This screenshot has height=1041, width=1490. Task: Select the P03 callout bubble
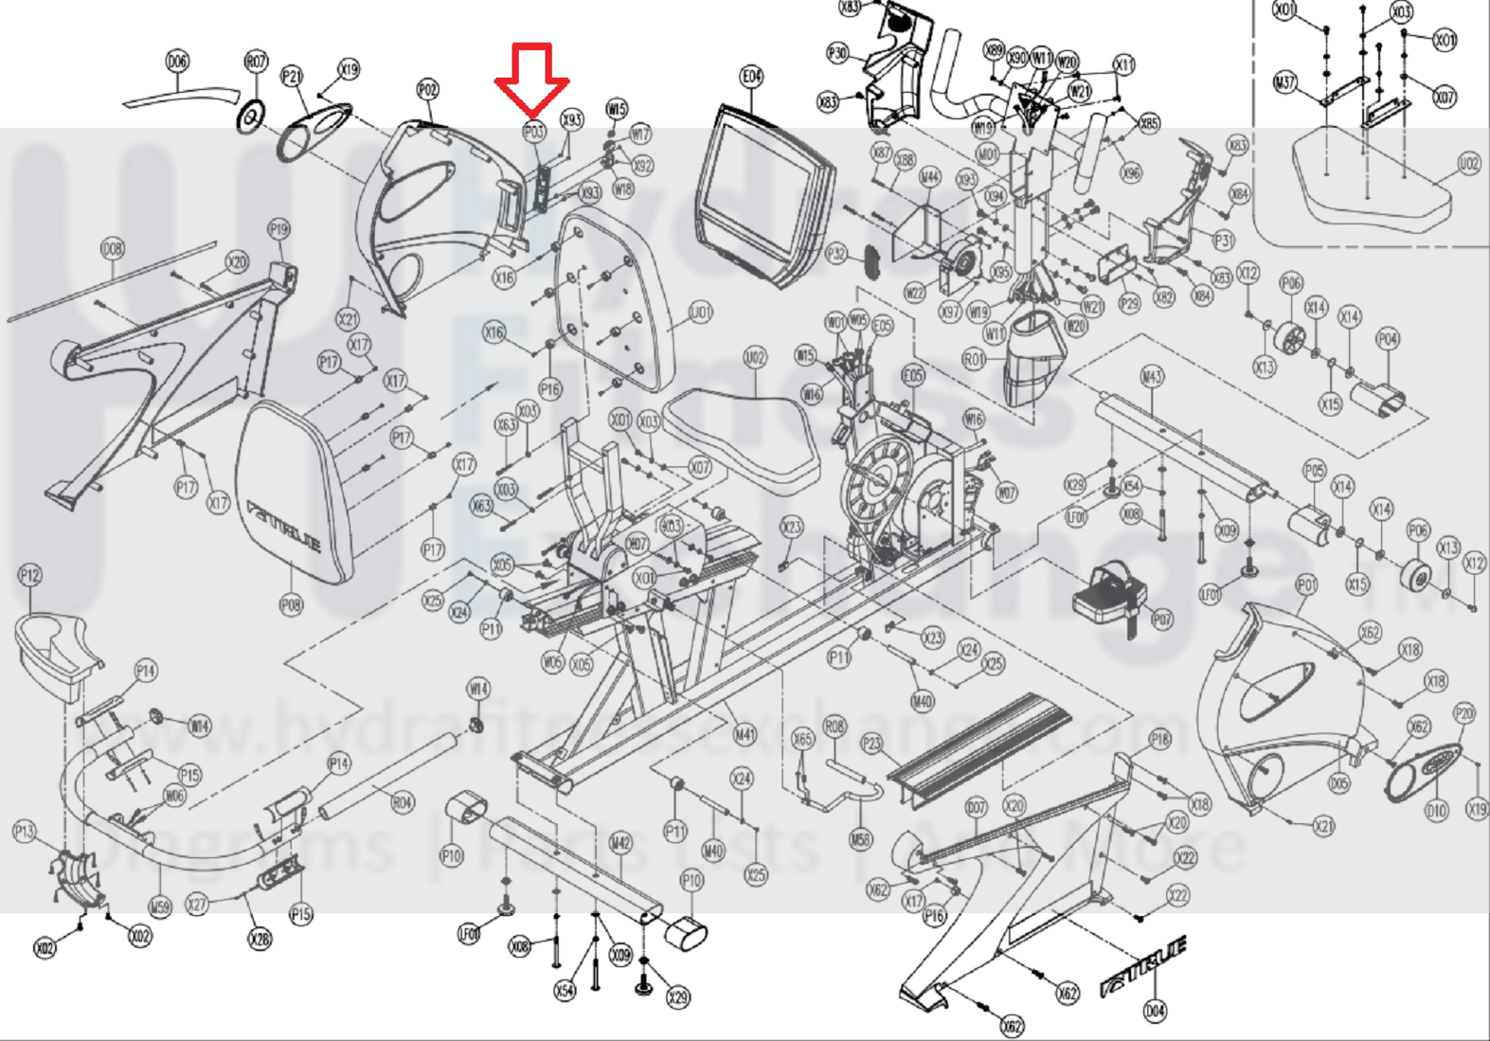pyautogui.click(x=534, y=132)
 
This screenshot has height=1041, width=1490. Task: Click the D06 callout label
pyautogui.click(x=177, y=62)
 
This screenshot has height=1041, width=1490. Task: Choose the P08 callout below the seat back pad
pyautogui.click(x=291, y=603)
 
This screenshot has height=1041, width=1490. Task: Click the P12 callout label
pyautogui.click(x=30, y=575)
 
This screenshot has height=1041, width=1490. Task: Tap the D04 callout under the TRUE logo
pyautogui.click(x=1155, y=1011)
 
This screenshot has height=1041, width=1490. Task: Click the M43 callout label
pyautogui.click(x=1151, y=377)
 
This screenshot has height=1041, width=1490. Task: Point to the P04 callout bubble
pyautogui.click(x=1388, y=338)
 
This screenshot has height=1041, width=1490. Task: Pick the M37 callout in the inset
pyautogui.click(x=1284, y=82)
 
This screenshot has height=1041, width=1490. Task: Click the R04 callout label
pyautogui.click(x=403, y=802)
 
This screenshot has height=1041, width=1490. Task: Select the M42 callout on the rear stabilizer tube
pyautogui.click(x=620, y=842)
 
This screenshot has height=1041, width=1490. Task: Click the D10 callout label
pyautogui.click(x=1436, y=810)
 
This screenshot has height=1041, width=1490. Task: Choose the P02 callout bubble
pyautogui.click(x=427, y=90)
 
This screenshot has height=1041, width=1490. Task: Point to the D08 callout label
pyautogui.click(x=112, y=249)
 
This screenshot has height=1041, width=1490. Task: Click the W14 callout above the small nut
pyautogui.click(x=479, y=688)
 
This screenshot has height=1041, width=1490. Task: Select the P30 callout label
pyautogui.click(x=837, y=53)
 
